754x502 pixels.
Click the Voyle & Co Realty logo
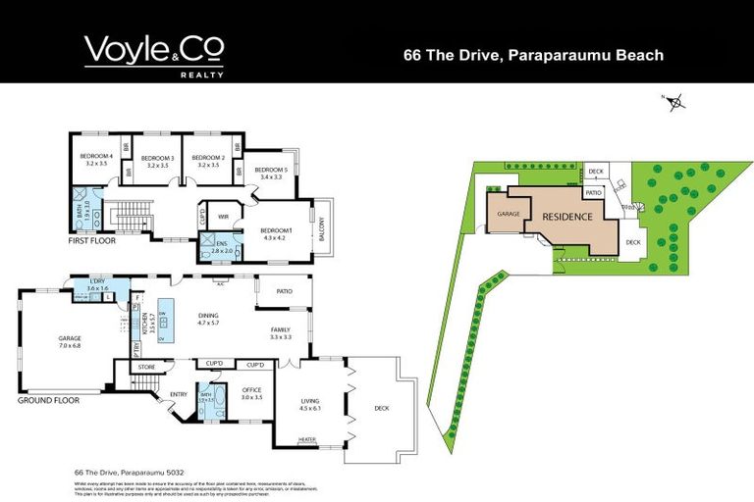[154, 55]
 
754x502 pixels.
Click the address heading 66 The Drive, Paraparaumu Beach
[533, 55]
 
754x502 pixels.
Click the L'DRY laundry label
[97, 282]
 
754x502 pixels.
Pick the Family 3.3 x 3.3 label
[282, 333]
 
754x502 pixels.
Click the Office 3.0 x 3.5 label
[252, 394]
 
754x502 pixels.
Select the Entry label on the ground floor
[179, 394]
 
